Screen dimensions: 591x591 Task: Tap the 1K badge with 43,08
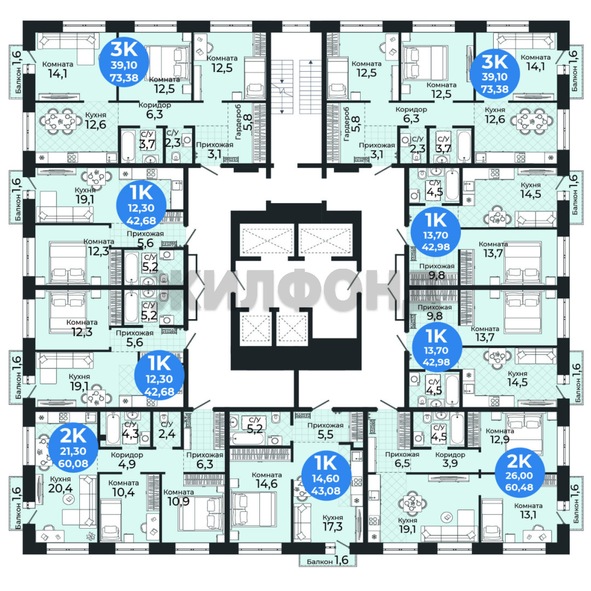(326, 474)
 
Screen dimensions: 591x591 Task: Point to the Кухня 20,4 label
(60, 484)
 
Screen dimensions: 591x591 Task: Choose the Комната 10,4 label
(123, 488)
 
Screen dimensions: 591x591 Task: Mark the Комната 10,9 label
(178, 497)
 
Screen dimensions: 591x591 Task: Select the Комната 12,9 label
(500, 435)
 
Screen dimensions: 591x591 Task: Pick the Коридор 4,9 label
(127, 460)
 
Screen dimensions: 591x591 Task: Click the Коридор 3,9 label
(450, 459)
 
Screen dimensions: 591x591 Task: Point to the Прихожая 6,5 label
(402, 459)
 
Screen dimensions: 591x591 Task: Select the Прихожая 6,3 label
(205, 460)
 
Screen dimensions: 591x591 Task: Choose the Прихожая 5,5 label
(325, 430)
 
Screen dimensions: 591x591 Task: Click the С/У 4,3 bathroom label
(130, 430)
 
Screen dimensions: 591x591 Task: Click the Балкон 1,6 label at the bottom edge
(327, 560)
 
